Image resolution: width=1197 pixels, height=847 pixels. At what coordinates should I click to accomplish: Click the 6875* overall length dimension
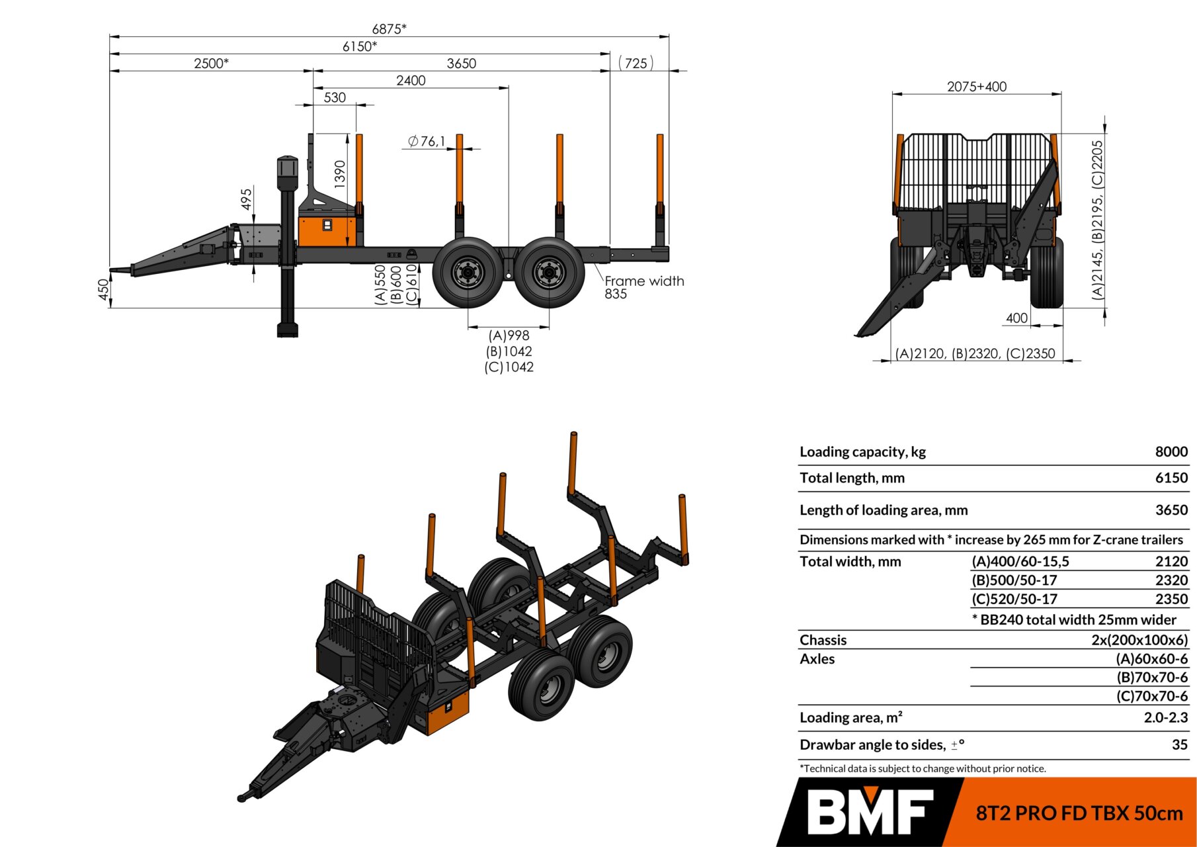click(x=389, y=28)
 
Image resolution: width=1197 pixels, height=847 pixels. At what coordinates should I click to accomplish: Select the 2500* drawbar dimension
click(x=211, y=64)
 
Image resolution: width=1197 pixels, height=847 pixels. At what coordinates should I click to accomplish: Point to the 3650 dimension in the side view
click(x=461, y=64)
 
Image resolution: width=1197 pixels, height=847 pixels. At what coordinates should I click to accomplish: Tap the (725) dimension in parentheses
click(x=636, y=64)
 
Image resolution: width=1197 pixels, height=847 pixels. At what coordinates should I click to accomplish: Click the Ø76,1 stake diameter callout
click(x=426, y=141)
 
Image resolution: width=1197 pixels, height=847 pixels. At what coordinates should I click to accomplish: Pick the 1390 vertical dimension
click(x=340, y=174)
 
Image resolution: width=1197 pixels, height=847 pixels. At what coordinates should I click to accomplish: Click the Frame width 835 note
click(x=643, y=287)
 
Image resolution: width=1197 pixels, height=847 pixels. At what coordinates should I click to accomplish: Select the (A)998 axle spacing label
click(x=509, y=335)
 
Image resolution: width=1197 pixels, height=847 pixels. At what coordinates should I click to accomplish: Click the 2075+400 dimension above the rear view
click(x=976, y=87)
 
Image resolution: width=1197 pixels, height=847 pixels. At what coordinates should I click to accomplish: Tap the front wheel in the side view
click(x=468, y=273)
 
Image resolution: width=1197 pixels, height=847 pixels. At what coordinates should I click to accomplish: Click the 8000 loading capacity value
click(x=1171, y=451)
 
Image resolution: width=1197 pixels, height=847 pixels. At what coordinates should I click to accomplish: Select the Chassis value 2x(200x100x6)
click(x=1139, y=640)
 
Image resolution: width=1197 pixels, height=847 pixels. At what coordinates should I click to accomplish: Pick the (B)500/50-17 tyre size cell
click(x=1014, y=580)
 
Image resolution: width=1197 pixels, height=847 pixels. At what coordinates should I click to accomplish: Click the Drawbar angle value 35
click(x=1180, y=744)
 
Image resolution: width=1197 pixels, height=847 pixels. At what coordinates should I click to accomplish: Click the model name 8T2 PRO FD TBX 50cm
click(x=1079, y=813)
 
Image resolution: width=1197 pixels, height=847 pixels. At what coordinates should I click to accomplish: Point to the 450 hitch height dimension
click(x=103, y=290)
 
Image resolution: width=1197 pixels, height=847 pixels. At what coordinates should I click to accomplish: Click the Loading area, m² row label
click(x=850, y=717)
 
